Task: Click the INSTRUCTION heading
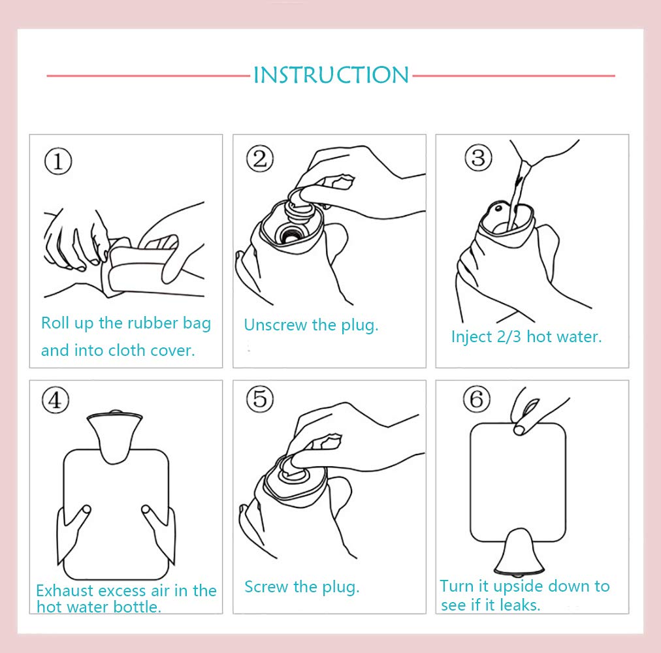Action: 331,75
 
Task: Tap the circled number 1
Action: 58,161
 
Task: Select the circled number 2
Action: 260,159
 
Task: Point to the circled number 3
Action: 478,157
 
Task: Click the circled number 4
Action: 56,400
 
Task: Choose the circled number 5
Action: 260,398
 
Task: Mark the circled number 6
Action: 476,398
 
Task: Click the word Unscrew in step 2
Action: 275,325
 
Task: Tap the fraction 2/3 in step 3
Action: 509,337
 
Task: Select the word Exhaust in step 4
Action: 64,590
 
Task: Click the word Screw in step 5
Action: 267,586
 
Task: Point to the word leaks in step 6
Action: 520,605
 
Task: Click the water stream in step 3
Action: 517,195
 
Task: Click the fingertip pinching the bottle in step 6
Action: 520,430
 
